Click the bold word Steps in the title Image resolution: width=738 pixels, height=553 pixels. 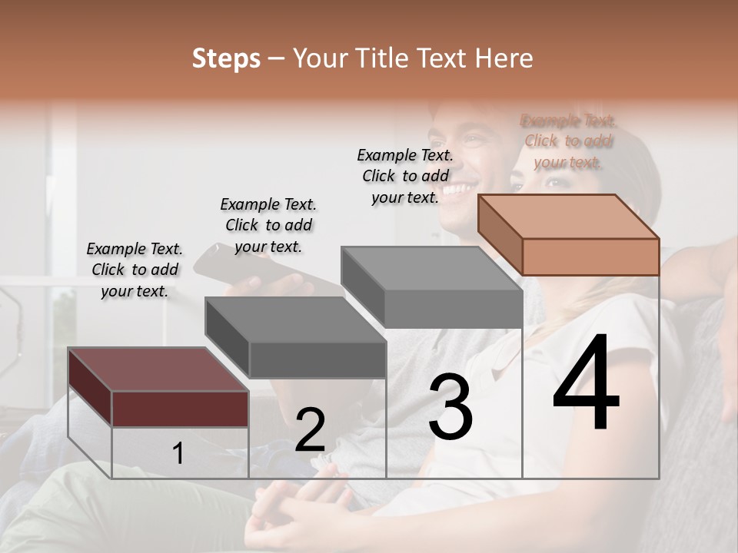226,58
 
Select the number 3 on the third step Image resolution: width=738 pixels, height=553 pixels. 450,406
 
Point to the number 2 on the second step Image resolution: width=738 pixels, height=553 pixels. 310,430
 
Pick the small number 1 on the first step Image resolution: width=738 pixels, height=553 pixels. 178,453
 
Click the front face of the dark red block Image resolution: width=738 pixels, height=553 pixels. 180,408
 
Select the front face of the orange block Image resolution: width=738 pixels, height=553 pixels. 590,256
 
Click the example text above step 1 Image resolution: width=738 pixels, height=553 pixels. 135,270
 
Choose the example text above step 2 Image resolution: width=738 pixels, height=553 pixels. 268,225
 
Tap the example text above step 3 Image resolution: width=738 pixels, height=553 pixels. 405,176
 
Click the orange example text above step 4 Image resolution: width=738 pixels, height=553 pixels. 568,141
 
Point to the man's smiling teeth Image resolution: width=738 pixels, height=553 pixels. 457,189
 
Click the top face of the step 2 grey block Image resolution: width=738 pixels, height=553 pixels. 296,319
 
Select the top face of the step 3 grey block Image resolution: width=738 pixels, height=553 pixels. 432,269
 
